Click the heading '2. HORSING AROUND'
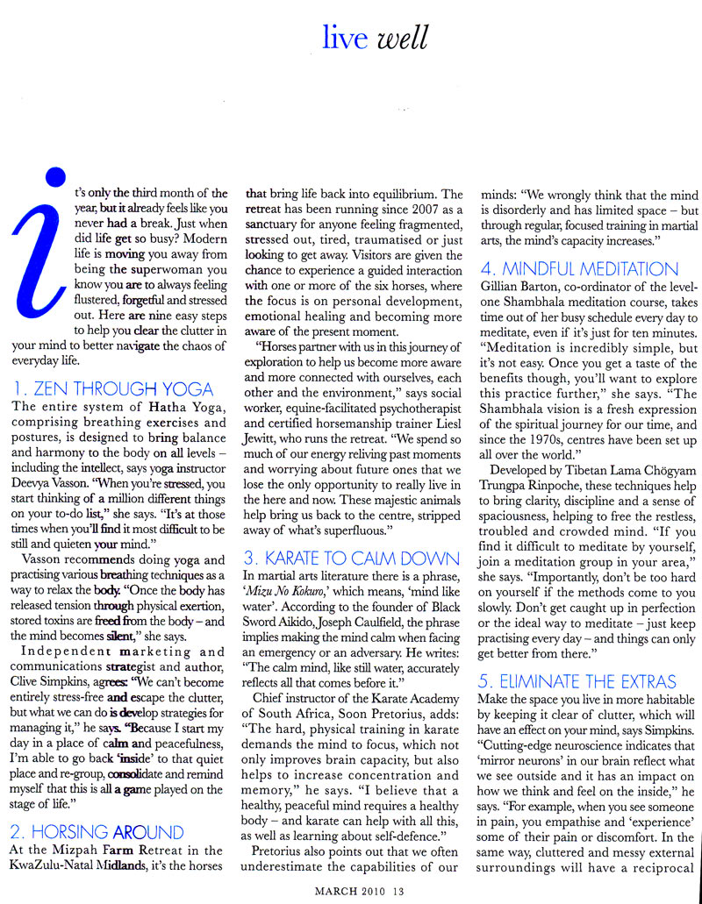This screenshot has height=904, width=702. click(98, 831)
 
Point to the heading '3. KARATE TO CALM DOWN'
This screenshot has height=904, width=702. click(352, 559)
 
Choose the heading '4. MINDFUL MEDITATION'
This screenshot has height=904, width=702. click(578, 269)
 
